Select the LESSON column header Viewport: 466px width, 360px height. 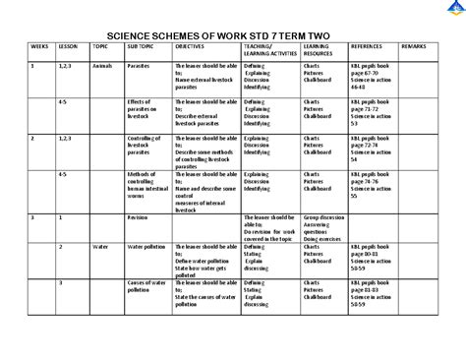pyautogui.click(x=68, y=46)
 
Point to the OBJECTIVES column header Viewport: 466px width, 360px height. pyautogui.click(x=191, y=46)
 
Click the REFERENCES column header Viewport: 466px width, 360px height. pyautogui.click(x=367, y=46)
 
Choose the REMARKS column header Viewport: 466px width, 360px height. pyautogui.click(x=414, y=46)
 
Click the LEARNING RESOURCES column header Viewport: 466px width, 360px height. pyautogui.click(x=318, y=49)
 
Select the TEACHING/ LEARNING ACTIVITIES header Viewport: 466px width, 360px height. pyautogui.click(x=269, y=49)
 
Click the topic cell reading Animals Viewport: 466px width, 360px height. pyautogui.click(x=102, y=65)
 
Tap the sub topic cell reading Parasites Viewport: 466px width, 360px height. pyautogui.click(x=139, y=65)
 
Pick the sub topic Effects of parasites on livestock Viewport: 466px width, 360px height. pyautogui.click(x=143, y=108)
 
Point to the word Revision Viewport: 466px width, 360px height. pyautogui.click(x=138, y=215)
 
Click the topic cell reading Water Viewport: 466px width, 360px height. pyautogui.click(x=99, y=247)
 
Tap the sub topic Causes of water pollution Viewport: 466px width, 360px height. pyautogui.click(x=146, y=287)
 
